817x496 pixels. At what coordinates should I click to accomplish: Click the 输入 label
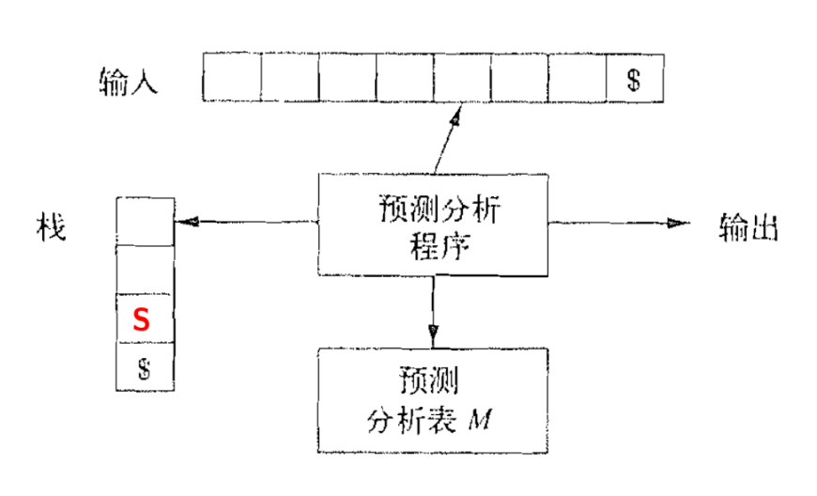pyautogui.click(x=128, y=81)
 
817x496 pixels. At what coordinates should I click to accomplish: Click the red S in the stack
pyautogui.click(x=141, y=319)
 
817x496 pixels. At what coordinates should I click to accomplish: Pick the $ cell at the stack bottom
pyautogui.click(x=144, y=366)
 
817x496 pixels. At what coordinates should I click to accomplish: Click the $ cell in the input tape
pyautogui.click(x=634, y=78)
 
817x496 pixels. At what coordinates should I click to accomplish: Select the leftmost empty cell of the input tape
pyautogui.click(x=232, y=78)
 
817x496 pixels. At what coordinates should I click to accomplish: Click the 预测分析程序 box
pyautogui.click(x=433, y=224)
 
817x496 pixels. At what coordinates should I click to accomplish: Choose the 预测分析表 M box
pyautogui.click(x=433, y=398)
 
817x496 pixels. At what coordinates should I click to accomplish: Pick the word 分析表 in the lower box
pyautogui.click(x=418, y=417)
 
